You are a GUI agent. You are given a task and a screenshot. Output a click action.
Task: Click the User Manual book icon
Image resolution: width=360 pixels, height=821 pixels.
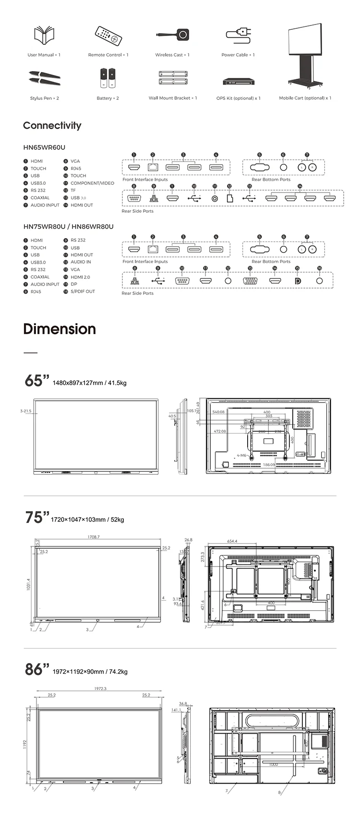click(44, 35)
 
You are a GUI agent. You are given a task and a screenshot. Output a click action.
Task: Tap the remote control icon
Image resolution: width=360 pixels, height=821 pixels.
click(108, 35)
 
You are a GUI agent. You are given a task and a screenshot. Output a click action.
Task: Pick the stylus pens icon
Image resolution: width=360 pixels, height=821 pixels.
click(44, 78)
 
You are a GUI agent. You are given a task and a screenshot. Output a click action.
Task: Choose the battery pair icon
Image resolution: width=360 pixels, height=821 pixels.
click(108, 78)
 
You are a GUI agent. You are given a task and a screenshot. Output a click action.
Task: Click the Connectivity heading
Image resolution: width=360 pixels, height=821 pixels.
click(52, 126)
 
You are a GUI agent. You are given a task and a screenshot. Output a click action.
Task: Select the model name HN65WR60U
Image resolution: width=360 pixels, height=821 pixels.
click(44, 147)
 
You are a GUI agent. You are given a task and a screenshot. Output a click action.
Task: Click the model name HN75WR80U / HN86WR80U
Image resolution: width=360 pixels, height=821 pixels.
click(68, 227)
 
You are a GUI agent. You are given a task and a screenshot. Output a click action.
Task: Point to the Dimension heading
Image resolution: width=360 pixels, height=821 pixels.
click(60, 329)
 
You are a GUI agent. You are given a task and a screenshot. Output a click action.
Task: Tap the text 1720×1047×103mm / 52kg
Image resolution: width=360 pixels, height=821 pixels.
click(87, 519)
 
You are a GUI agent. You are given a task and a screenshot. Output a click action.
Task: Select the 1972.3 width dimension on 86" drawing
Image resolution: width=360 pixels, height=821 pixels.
click(100, 688)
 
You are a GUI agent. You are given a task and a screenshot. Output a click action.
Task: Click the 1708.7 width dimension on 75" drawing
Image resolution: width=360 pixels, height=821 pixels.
click(94, 537)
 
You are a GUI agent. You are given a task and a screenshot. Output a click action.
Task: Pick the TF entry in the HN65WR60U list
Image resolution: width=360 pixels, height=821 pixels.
click(73, 191)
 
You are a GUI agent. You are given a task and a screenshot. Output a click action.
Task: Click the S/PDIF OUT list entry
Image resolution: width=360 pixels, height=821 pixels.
click(83, 291)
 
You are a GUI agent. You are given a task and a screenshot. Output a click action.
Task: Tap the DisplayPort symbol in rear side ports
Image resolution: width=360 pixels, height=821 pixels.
click(297, 281)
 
